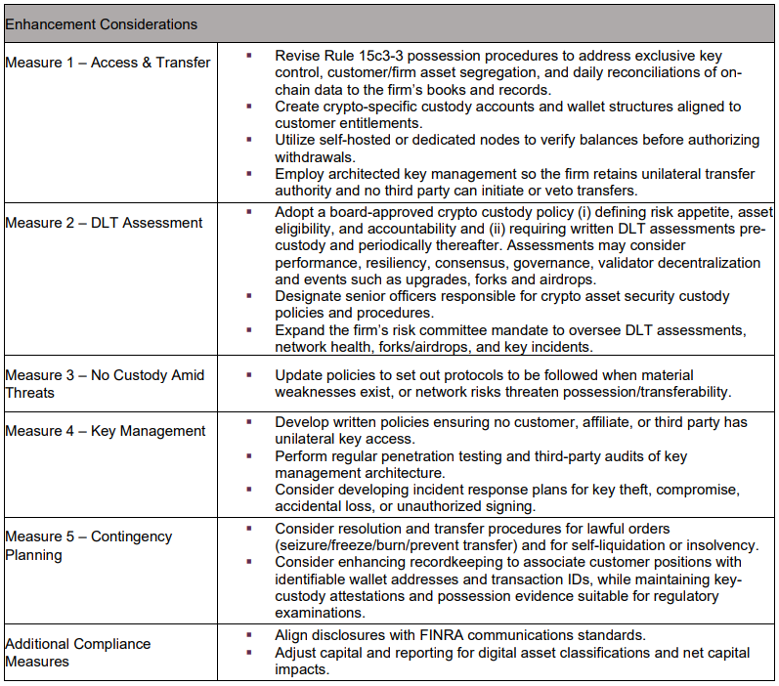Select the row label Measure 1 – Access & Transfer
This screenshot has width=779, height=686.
click(x=108, y=63)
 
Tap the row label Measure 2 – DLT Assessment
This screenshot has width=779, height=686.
click(x=104, y=223)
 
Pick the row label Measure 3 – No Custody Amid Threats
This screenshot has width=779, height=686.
click(x=105, y=383)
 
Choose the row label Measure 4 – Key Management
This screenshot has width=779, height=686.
click(x=106, y=431)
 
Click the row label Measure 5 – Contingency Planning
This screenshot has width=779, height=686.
click(x=88, y=545)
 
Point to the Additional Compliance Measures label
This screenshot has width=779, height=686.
click(x=78, y=652)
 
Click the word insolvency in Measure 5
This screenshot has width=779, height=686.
click(x=723, y=544)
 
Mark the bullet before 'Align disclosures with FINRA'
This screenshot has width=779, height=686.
click(x=250, y=635)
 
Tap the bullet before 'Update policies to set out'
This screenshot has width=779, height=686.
click(x=250, y=374)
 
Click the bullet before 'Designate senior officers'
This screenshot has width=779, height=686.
click(x=250, y=296)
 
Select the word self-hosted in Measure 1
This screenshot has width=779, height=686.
click(x=359, y=140)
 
